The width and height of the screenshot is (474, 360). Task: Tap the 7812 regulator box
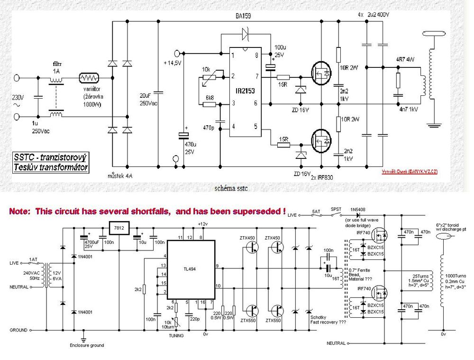pyautogui.click(x=118, y=228)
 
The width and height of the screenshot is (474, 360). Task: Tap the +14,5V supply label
pyautogui.click(x=172, y=64)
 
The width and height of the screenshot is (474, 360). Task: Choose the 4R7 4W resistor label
pyautogui.click(x=405, y=60)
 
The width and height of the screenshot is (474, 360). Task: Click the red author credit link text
pyautogui.click(x=409, y=171)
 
